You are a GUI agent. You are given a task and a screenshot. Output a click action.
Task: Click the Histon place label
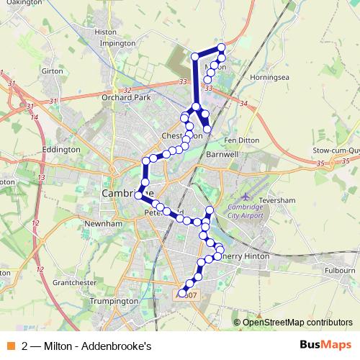pyautogui.click(x=105, y=32)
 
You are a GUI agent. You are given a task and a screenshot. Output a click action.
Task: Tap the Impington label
pyautogui.click(x=117, y=43)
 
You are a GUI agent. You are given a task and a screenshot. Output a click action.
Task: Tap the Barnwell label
pyautogui.click(x=222, y=154)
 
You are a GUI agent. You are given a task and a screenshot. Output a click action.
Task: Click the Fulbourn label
pyautogui.click(x=339, y=270)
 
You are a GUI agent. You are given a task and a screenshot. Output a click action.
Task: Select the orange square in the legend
pyautogui.click(x=10, y=346)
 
